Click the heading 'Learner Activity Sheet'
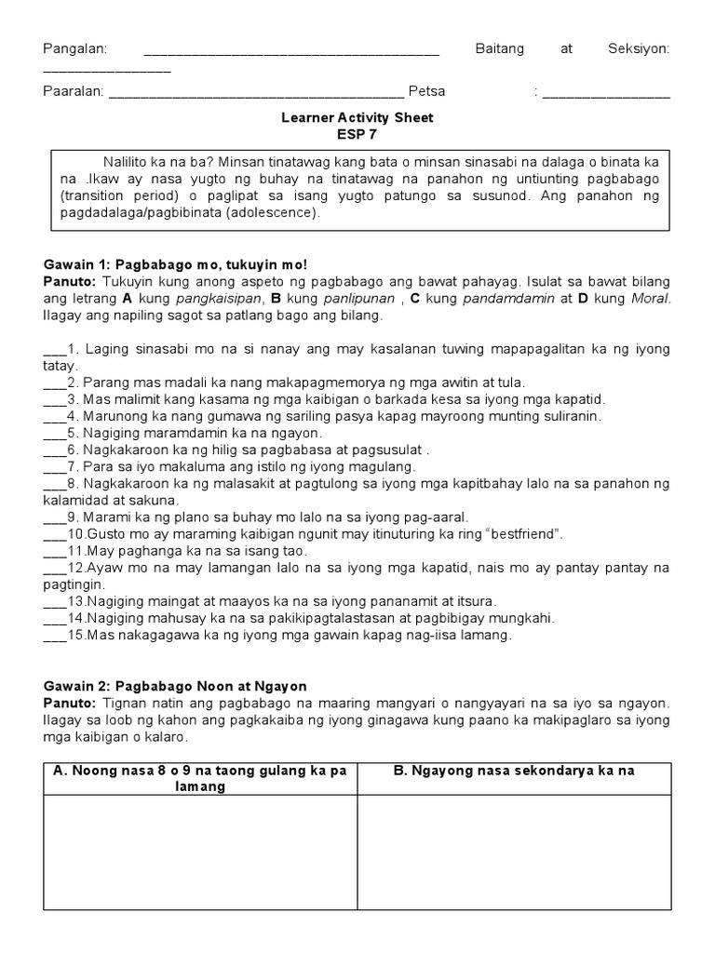click(357, 118)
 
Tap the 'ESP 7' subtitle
click(357, 133)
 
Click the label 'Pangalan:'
click(75, 48)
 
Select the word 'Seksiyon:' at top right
click(638, 48)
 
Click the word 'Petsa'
click(426, 91)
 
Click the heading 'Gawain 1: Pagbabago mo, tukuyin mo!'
click(175, 265)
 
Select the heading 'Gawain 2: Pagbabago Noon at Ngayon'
click(175, 686)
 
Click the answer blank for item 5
click(54, 434)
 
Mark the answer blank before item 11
click(54, 552)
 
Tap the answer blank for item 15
click(54, 636)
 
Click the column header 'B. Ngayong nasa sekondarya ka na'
click(515, 771)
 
